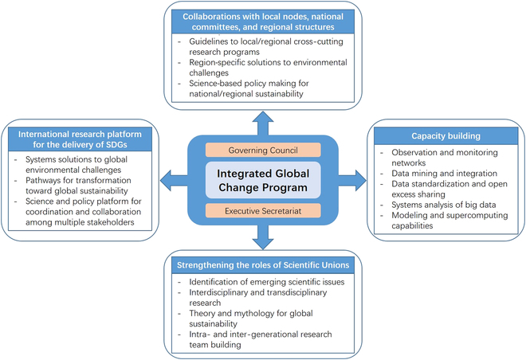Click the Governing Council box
point(263,150)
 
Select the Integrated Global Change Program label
point(263,179)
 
